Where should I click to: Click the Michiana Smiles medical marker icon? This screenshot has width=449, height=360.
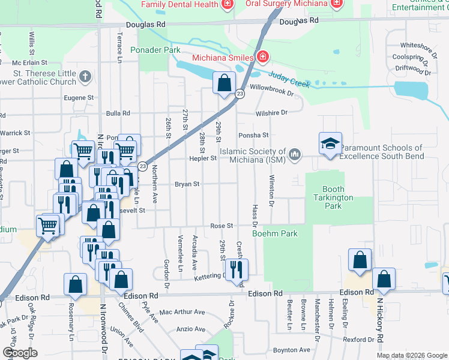[262, 58]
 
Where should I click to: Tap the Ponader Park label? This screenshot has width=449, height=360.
[155, 50]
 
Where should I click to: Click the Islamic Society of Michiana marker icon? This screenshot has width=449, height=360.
[294, 155]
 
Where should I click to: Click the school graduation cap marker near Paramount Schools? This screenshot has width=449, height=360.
[330, 144]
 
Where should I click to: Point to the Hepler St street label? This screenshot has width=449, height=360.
[204, 158]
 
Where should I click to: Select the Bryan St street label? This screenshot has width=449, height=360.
[187, 184]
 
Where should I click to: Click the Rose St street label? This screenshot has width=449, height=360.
[221, 226]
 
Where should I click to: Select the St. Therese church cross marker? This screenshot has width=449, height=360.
[85, 77]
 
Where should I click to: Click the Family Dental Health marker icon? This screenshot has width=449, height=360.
[227, 5]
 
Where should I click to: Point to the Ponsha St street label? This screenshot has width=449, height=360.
[253, 136]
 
